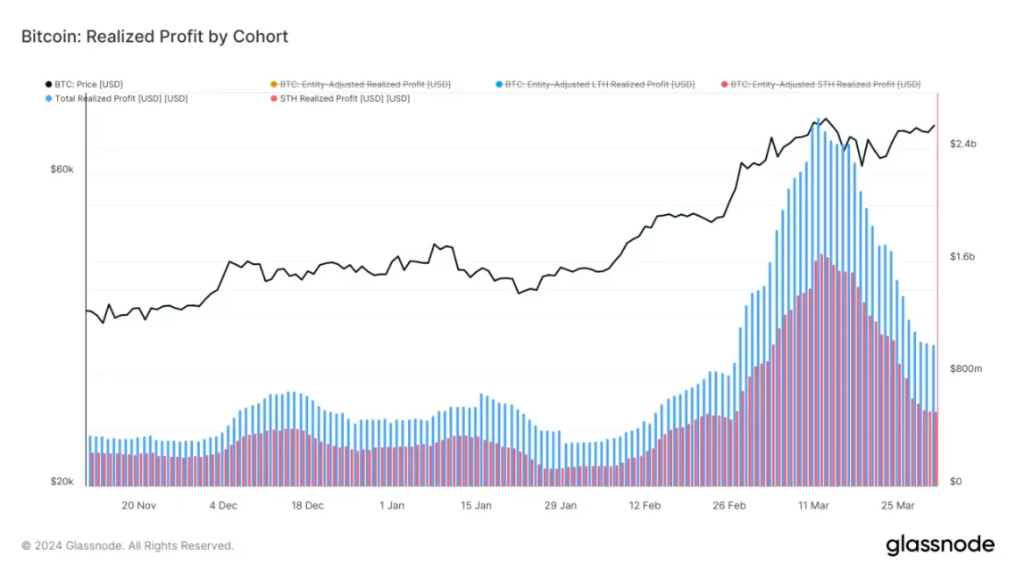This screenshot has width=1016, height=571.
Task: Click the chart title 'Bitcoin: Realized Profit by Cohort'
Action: coord(154,37)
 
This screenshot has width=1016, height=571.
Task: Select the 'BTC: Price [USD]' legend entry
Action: coord(88,84)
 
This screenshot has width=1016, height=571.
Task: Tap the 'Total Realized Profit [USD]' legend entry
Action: coord(121,98)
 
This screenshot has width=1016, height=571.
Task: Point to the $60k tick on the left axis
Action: coord(62,170)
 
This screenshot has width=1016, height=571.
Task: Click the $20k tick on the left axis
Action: coord(62,482)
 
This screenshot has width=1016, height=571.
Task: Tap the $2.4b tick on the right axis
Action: coord(963,144)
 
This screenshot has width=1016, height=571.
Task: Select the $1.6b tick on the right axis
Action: coord(963,257)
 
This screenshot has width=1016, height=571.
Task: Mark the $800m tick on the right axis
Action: coord(965,368)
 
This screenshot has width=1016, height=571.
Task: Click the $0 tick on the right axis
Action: coord(955,482)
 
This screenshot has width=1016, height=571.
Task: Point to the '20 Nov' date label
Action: coord(139,505)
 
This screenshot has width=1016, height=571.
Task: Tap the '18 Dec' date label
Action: coord(307,505)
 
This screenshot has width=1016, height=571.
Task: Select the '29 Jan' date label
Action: coord(561,505)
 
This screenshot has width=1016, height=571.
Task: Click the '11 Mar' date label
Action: coord(813,505)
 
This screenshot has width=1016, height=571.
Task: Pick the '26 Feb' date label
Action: coord(729,505)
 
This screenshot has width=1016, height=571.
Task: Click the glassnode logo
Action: coord(940,544)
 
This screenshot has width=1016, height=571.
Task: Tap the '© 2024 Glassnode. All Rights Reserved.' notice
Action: coord(128,545)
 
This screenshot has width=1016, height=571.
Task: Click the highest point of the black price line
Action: coord(825,119)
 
